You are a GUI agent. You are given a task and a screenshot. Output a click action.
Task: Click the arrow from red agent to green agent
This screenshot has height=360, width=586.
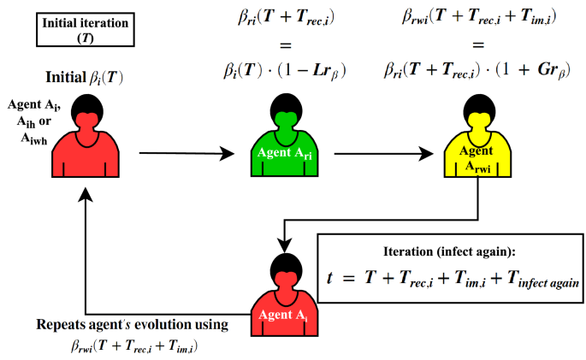(x=186, y=155)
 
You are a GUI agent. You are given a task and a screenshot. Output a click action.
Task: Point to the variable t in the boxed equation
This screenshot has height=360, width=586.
(x=332, y=277)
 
